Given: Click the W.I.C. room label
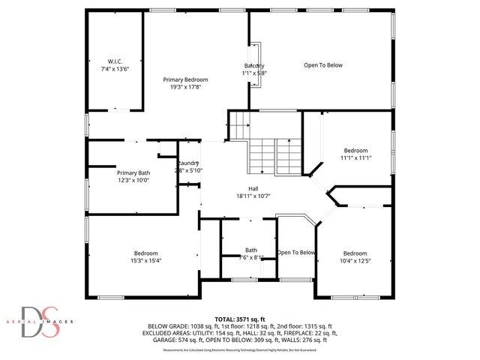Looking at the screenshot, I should pyautogui.click(x=115, y=61).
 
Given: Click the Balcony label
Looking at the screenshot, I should pyautogui.click(x=254, y=66).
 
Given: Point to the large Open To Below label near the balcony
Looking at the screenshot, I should pyautogui.click(x=323, y=65).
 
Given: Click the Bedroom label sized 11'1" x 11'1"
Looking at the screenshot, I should pyautogui.click(x=355, y=150).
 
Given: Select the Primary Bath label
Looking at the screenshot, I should pyautogui.click(x=112, y=172).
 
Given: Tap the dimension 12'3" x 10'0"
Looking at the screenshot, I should pyautogui.click(x=112, y=180).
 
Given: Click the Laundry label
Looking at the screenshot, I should pyautogui.click(x=188, y=163).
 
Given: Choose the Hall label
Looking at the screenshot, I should pyautogui.click(x=254, y=189).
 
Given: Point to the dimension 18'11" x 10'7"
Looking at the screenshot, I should pyautogui.click(x=254, y=196).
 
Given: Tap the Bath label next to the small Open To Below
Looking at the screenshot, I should pyautogui.click(x=251, y=250).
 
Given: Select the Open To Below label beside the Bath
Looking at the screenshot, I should pyautogui.click(x=297, y=252).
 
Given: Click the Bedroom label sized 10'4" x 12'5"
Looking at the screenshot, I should pyautogui.click(x=355, y=253).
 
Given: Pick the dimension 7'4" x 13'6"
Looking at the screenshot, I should pyautogui.click(x=115, y=68).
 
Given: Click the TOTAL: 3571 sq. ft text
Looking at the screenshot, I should pyautogui.click(x=241, y=319).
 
